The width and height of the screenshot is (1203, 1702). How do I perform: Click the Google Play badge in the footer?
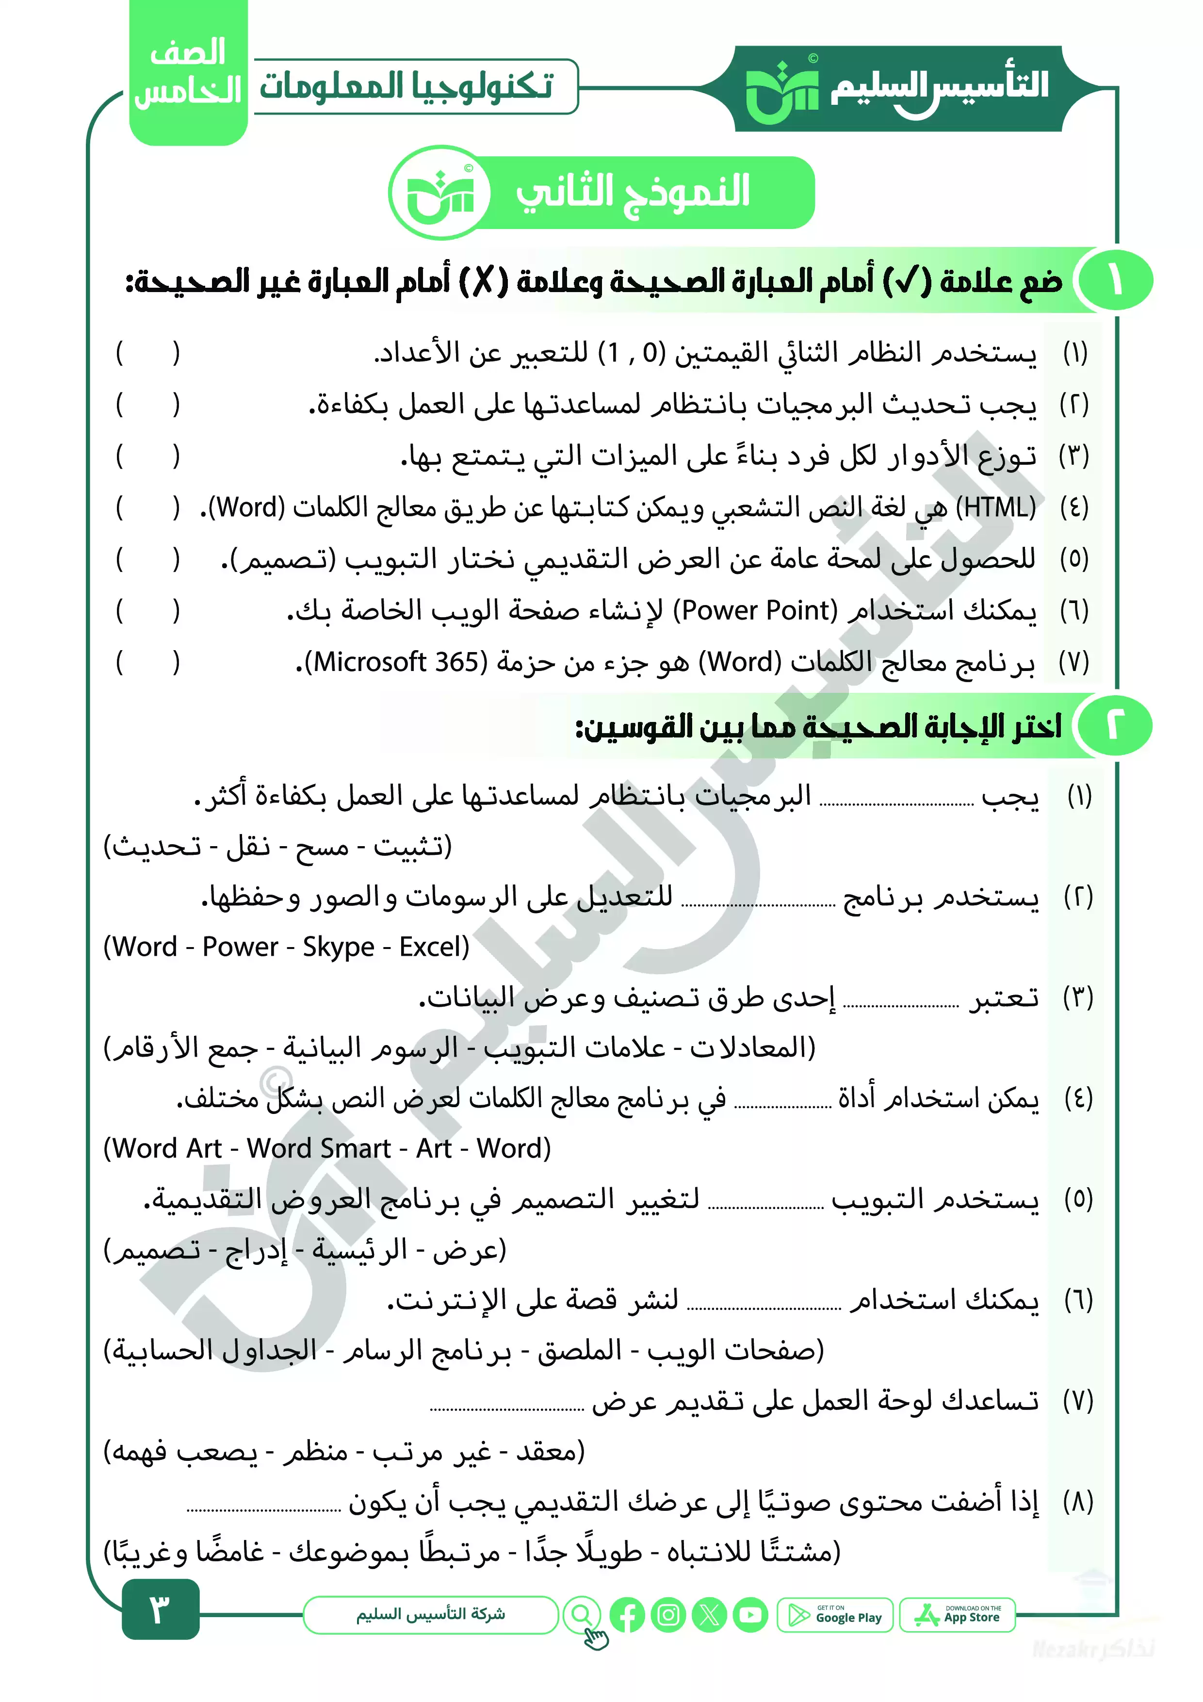(x=835, y=1615)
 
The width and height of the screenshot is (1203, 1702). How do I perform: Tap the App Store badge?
(x=957, y=1615)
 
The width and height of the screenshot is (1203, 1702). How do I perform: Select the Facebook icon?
(x=627, y=1615)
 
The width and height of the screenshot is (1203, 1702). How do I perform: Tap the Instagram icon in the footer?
(x=668, y=1615)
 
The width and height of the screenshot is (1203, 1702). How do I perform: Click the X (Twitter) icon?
(x=709, y=1615)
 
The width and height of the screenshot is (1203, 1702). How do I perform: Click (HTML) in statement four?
(x=995, y=508)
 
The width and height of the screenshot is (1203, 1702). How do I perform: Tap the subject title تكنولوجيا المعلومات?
(x=406, y=86)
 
